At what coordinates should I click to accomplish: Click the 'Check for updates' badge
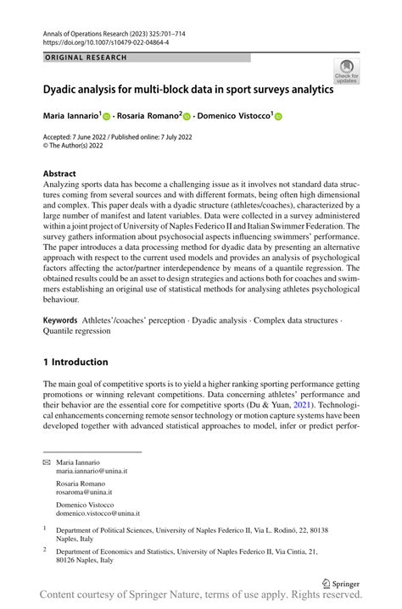(346, 71)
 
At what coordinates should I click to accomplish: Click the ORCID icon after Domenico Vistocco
(300, 115)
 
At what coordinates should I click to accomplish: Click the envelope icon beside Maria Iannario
(47, 463)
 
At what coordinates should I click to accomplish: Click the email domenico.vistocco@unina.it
(98, 513)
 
